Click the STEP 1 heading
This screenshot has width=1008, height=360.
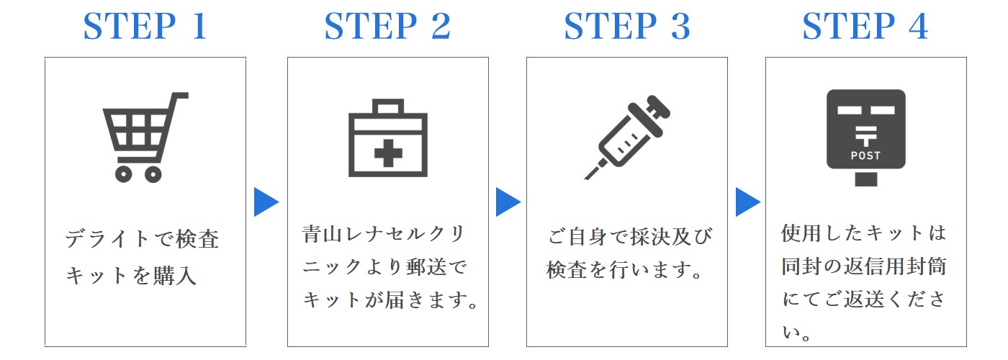[145, 26]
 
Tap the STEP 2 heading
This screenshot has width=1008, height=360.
[387, 26]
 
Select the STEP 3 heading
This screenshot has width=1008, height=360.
[627, 26]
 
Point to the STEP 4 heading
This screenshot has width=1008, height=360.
[865, 26]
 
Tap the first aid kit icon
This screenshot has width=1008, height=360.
[388, 138]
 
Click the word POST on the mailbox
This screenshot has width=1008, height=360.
[865, 156]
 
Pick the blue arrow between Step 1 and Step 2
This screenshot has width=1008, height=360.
[265, 202]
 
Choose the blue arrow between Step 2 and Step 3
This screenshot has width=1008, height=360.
[507, 202]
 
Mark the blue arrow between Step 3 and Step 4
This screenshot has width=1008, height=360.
[747, 202]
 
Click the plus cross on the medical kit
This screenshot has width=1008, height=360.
[388, 153]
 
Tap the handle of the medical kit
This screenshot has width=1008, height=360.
[388, 107]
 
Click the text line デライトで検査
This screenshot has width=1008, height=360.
[142, 238]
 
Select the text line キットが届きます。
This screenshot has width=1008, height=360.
[390, 300]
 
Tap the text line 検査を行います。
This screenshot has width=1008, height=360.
[624, 270]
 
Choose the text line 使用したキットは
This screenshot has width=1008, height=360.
[863, 233]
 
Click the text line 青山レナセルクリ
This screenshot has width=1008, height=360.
[383, 234]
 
